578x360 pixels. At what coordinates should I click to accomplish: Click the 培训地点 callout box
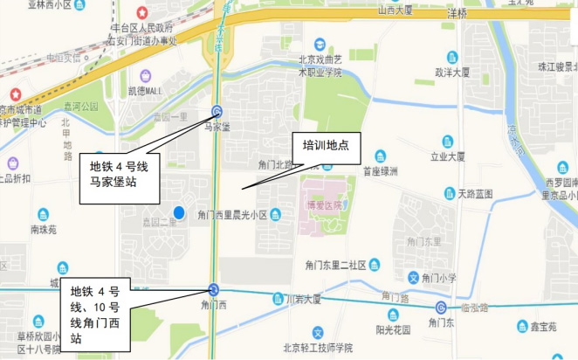coord(326,145)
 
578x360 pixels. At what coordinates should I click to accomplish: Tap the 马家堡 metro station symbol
coord(217,111)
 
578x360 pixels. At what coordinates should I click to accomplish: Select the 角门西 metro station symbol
coord(214,290)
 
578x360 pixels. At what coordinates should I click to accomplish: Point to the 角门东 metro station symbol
coord(442,308)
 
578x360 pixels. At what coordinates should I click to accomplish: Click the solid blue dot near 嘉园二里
coord(179,211)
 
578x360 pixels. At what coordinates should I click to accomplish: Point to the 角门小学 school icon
coord(414,278)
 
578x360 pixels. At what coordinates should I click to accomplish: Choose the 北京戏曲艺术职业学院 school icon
coord(320,44)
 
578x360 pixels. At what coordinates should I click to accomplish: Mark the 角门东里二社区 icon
coord(374,265)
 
